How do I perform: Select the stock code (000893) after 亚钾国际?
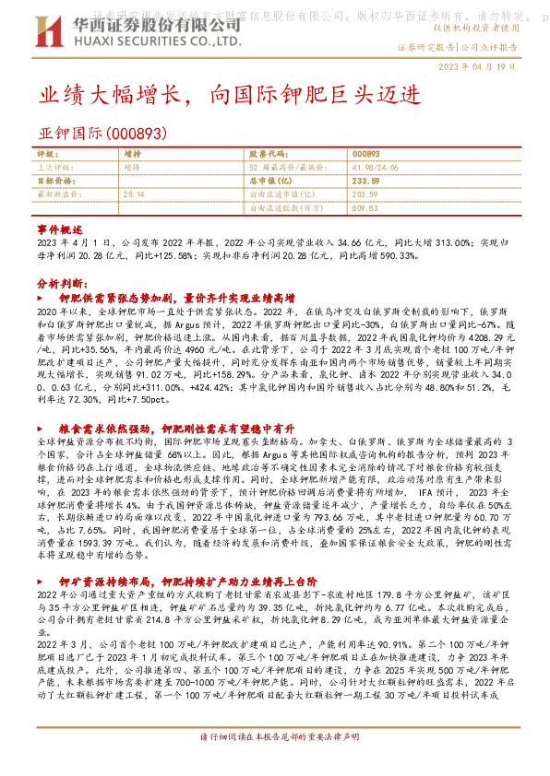click(x=135, y=133)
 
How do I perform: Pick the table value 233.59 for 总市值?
click(x=366, y=182)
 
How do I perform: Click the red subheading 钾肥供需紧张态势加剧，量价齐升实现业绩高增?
click(x=175, y=299)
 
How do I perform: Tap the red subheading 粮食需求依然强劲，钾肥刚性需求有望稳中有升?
click(x=175, y=429)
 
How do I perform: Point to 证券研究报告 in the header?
click(x=424, y=45)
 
